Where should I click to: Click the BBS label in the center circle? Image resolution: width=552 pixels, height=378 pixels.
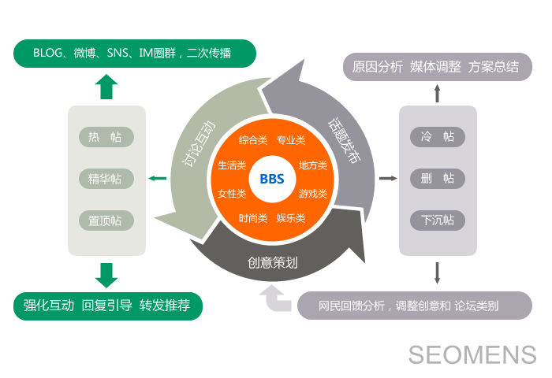[x=271, y=179]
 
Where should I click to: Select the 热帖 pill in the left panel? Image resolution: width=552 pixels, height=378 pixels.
[x=106, y=137]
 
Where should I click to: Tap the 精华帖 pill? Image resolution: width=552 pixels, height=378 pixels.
[x=106, y=179]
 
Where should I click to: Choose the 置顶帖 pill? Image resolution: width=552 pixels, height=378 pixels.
[x=106, y=220]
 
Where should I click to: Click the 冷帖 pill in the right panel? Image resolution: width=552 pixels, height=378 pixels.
[x=438, y=137]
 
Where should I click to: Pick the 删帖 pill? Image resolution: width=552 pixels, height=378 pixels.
[x=438, y=179]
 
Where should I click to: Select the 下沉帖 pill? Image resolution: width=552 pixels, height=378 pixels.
[x=438, y=220]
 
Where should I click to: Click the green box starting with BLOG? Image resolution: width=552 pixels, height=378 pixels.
[x=135, y=53]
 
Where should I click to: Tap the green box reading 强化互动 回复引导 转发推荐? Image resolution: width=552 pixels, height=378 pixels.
[x=108, y=306]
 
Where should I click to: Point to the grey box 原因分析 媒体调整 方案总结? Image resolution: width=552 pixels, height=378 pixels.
[x=436, y=67]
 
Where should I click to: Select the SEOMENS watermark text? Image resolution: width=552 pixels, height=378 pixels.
[x=472, y=354]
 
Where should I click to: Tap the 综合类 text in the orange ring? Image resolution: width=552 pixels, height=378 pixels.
[x=253, y=140]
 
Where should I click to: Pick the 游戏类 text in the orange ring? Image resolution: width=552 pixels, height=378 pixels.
[x=313, y=193]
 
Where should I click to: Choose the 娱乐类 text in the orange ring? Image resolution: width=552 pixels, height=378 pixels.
[x=291, y=217]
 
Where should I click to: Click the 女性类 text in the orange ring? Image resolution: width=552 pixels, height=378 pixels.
[x=231, y=193]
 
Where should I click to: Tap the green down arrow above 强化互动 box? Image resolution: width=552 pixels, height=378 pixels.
[x=106, y=274]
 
